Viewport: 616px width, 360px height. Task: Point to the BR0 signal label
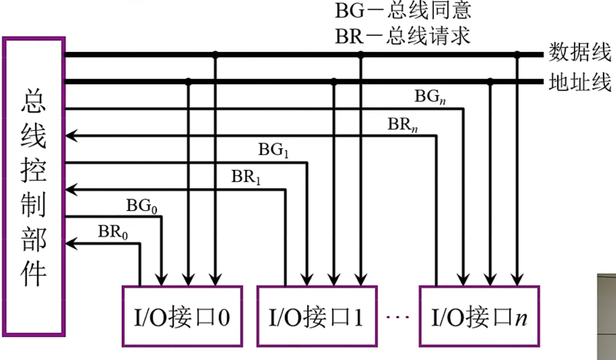point(113,232)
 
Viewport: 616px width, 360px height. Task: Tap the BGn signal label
point(430,96)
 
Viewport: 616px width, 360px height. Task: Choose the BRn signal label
point(402,124)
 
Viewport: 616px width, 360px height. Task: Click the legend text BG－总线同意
point(403,11)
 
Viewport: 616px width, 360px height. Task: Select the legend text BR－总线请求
point(403,36)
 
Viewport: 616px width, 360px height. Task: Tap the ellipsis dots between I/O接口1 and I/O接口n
point(398,317)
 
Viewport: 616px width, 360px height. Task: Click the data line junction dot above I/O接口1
point(361,54)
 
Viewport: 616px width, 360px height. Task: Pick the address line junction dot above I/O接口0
point(188,81)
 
